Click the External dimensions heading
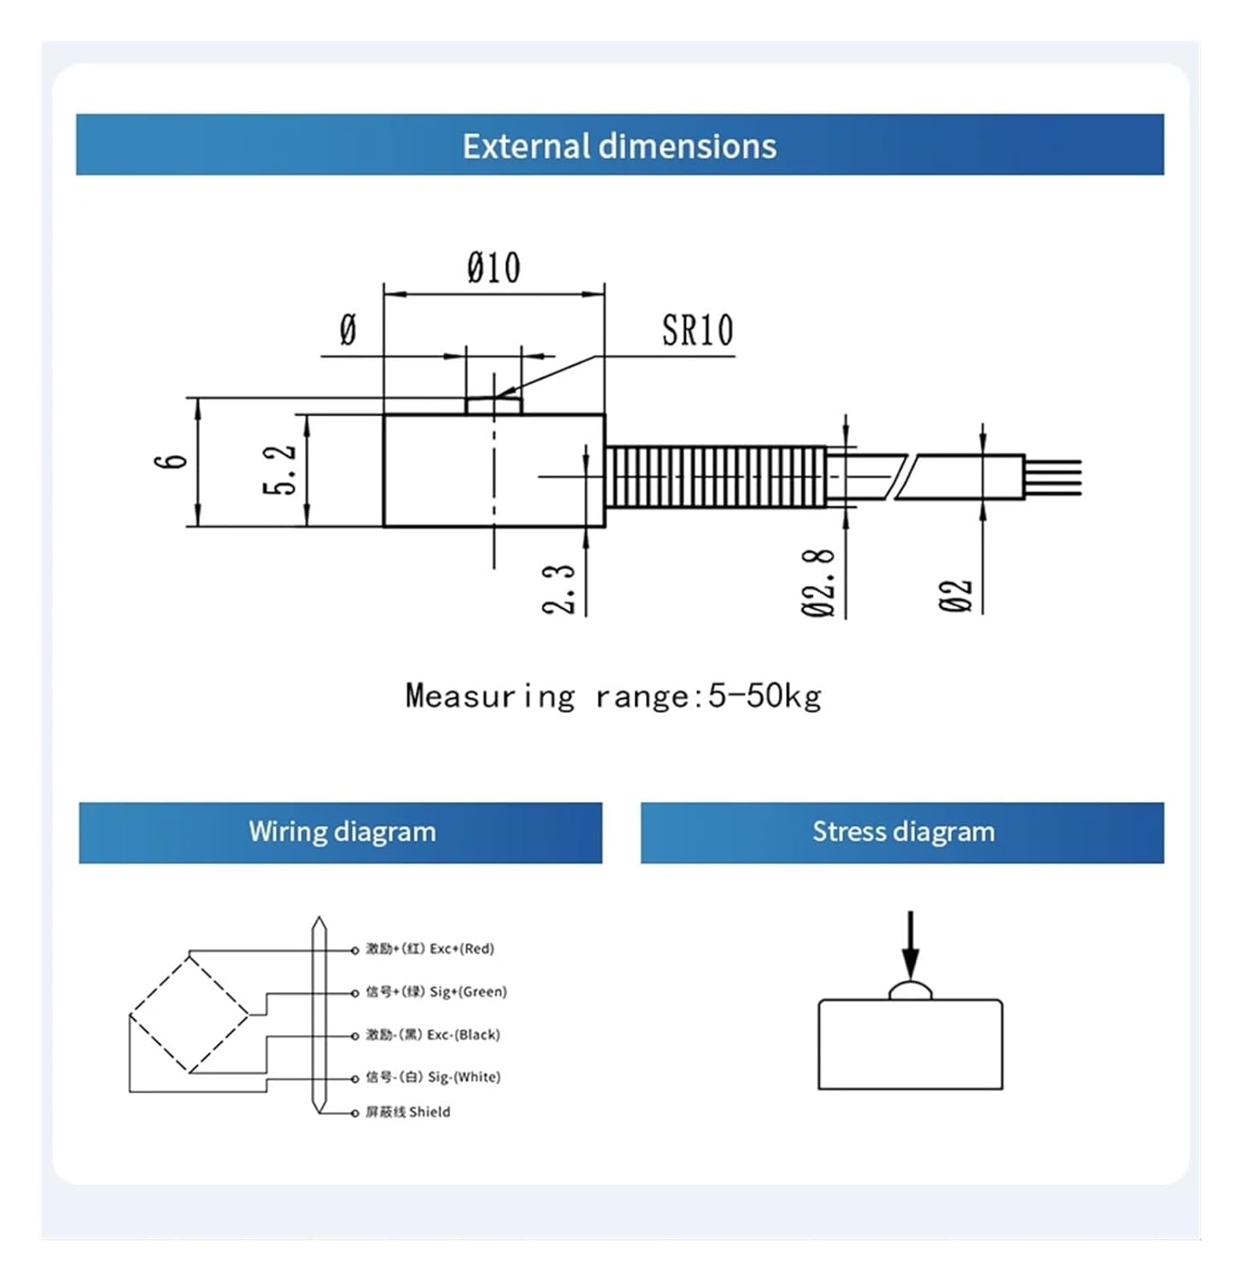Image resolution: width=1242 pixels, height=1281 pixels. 619,146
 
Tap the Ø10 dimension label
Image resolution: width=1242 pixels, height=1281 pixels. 494,268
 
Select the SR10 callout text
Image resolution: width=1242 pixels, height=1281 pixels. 697,330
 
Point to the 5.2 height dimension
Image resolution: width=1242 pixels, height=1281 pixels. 280,470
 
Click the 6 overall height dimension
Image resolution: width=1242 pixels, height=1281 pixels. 171,461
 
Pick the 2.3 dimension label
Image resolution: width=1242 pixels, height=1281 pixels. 559,589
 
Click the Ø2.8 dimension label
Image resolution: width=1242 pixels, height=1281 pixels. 818,582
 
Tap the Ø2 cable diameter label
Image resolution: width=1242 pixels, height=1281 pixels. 957,595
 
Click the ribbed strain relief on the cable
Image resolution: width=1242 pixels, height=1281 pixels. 715,476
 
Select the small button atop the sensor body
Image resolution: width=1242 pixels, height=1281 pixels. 493,405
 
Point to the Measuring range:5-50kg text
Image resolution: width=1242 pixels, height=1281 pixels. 613,696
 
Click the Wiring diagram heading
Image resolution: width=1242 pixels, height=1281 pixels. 342,832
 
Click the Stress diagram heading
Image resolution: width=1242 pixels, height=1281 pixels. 903,832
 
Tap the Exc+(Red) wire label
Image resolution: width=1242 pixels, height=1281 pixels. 430,949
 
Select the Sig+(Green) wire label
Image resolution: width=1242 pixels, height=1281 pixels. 436,991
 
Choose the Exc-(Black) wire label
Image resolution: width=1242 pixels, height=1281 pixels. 432,1034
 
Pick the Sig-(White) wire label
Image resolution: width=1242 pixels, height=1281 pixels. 432,1077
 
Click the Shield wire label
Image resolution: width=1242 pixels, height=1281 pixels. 407,1112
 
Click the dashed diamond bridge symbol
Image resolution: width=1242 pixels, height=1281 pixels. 189,1015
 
